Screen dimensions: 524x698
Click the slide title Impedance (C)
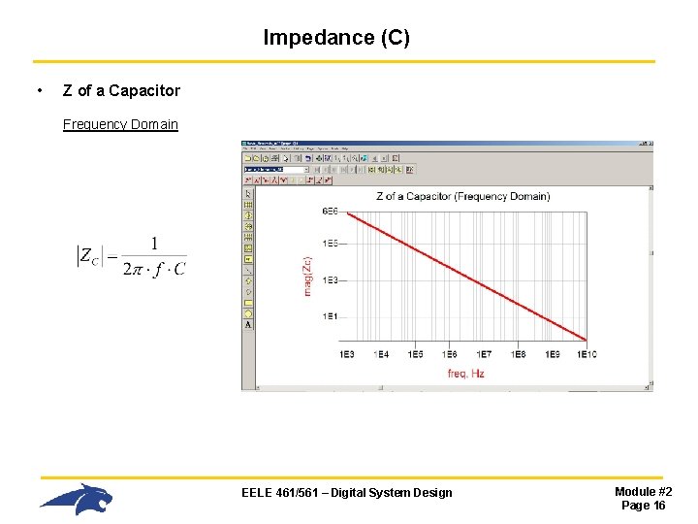point(336,38)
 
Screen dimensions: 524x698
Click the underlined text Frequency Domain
point(120,124)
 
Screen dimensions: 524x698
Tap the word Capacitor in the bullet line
point(144,90)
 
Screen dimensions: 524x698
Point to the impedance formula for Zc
point(132,256)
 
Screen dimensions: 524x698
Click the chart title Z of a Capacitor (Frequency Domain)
point(462,196)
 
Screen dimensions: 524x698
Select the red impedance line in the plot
point(465,276)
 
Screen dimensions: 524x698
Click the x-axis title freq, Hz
point(465,374)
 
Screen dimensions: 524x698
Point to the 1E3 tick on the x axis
point(347,354)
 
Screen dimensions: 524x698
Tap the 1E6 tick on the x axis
point(450,354)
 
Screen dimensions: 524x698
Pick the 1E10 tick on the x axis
point(586,354)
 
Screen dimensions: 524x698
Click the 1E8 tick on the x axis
point(518,354)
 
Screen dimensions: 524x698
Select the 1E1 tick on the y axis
point(330,316)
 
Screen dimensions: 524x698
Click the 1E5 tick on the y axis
point(330,244)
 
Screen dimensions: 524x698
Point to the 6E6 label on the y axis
point(330,212)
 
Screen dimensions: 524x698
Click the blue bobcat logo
point(77,499)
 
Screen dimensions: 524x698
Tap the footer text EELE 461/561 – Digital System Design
point(346,493)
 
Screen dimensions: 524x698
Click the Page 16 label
point(643,506)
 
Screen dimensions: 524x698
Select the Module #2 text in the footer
point(643,492)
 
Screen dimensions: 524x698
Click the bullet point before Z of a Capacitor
point(38,90)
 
